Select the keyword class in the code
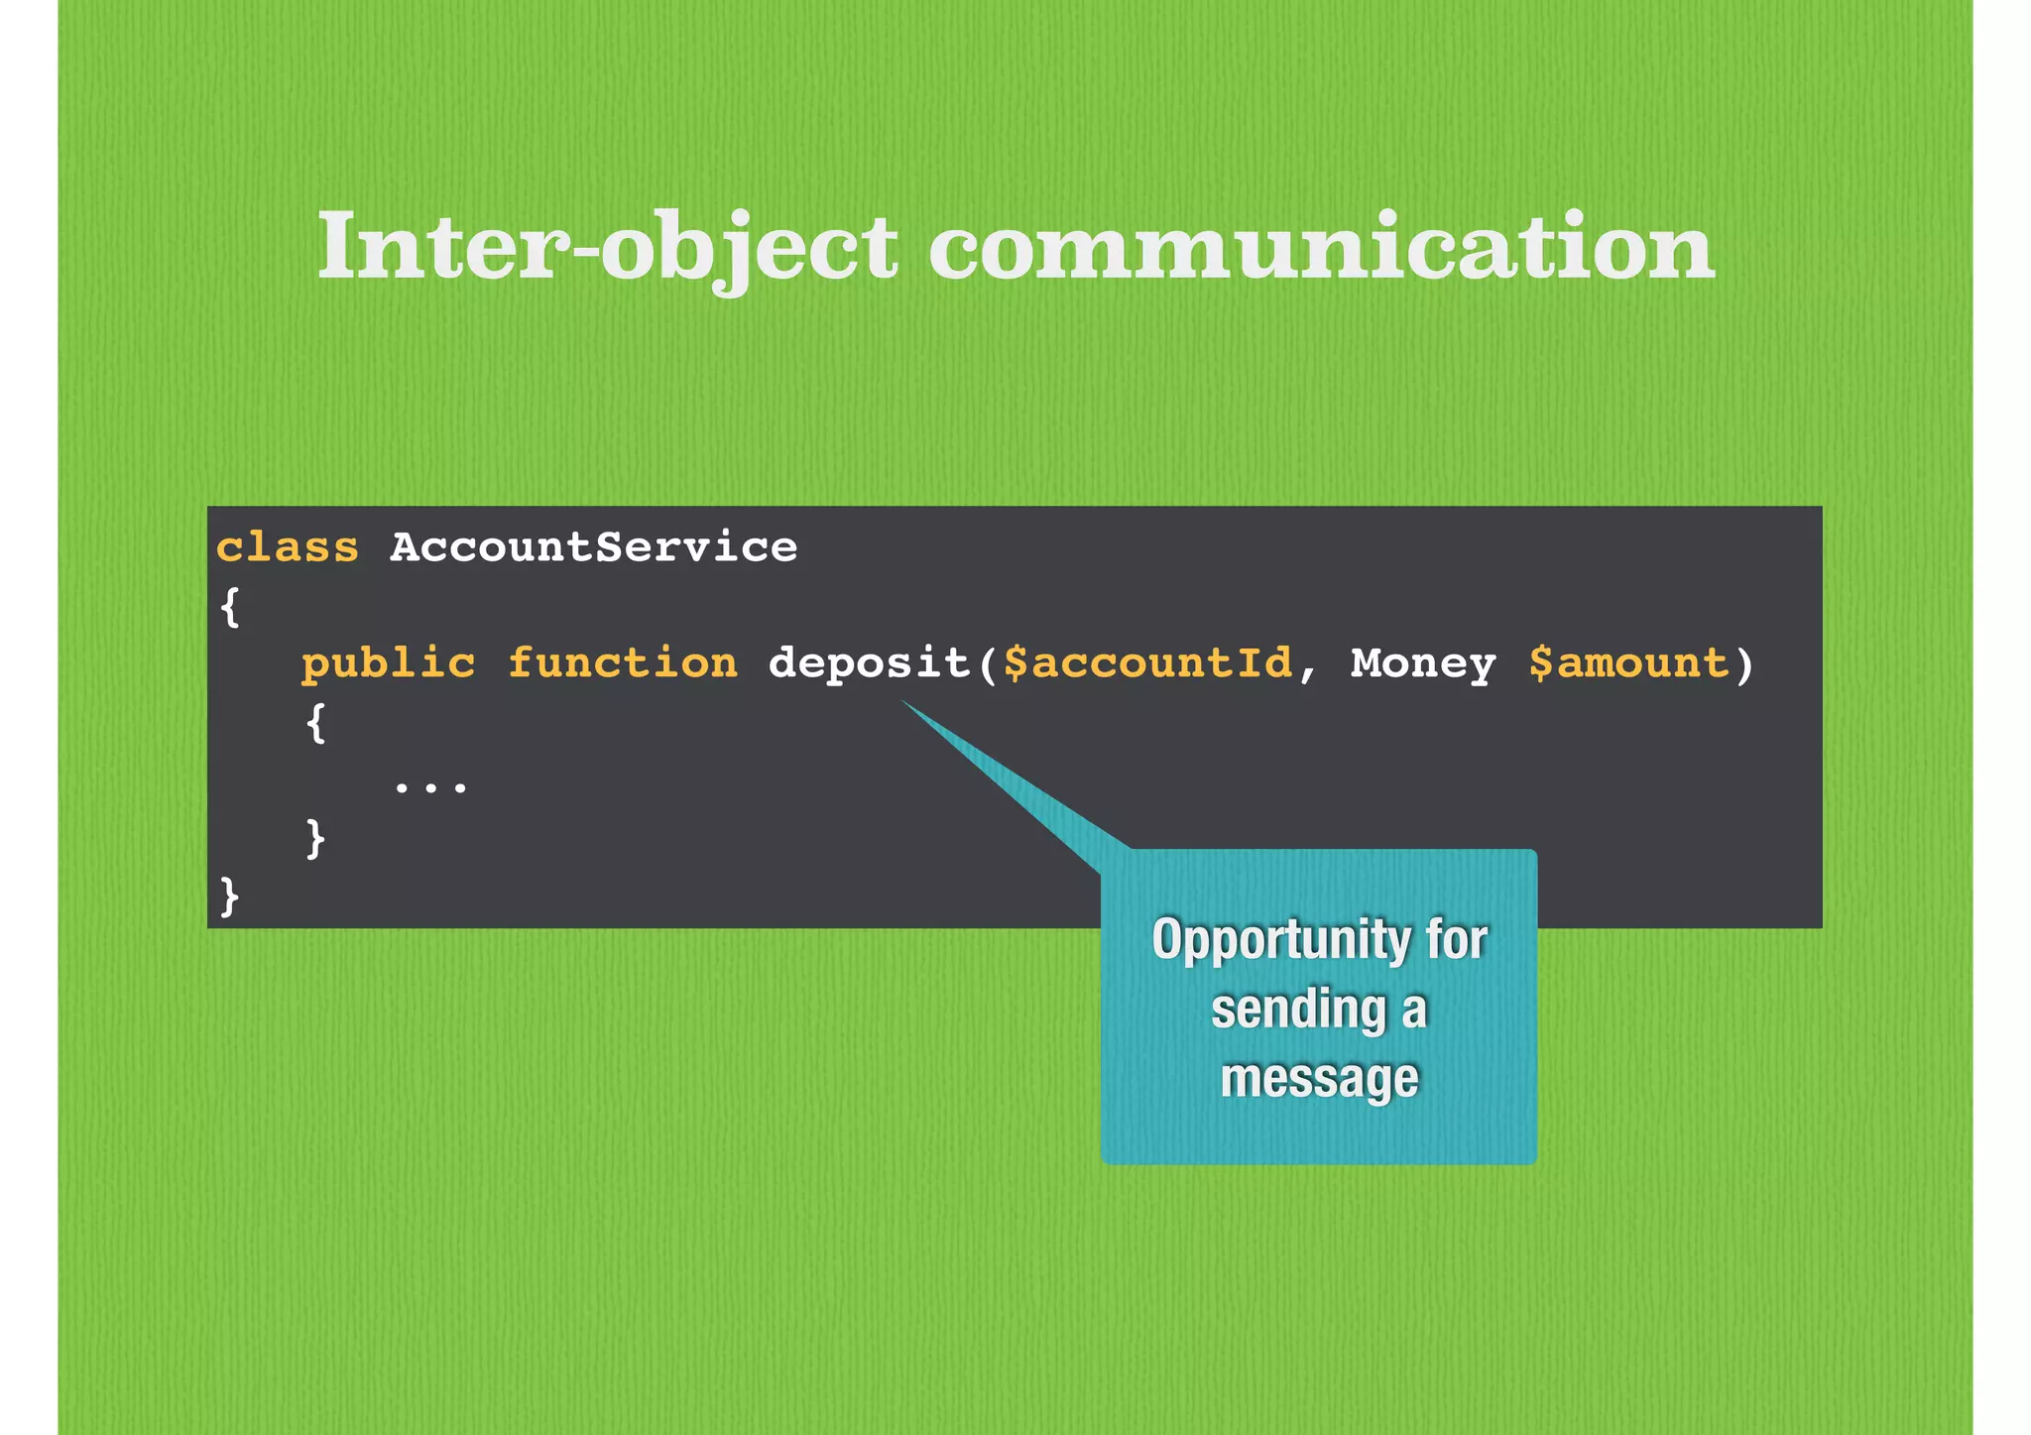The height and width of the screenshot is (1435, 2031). click(288, 547)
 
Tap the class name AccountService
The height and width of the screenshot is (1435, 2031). click(593, 547)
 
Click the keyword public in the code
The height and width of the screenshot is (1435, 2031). click(389, 663)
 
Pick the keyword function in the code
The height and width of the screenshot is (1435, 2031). click(623, 663)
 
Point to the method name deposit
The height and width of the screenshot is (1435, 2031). click(869, 663)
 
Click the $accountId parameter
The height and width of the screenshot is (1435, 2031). click(1147, 663)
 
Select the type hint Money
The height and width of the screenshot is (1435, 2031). click(1423, 663)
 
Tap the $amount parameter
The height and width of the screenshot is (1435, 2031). click(1628, 663)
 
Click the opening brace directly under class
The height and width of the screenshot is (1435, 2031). click(229, 606)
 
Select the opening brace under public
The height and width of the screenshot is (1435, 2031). click(315, 723)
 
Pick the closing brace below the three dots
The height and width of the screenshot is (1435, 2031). click(315, 839)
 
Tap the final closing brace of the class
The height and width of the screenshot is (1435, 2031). click(229, 897)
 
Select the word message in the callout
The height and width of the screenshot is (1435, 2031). click(1319, 1078)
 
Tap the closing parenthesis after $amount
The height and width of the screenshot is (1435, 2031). click(1744, 663)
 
